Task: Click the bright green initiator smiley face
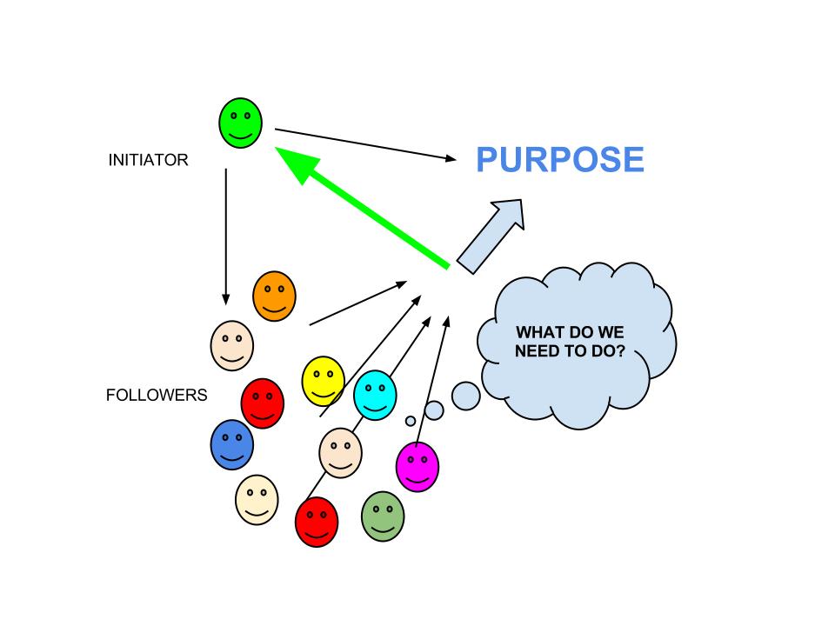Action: point(240,123)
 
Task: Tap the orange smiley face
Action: point(274,296)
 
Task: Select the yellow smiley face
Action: point(323,381)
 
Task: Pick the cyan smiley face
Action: point(376,395)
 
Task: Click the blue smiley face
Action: point(231,444)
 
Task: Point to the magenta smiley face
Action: point(417,466)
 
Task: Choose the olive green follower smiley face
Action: point(383,516)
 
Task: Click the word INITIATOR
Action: point(148,161)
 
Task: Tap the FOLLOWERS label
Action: point(157,396)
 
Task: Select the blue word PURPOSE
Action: point(560,161)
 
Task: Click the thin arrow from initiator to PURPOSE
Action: point(365,144)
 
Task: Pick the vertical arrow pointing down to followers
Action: point(226,235)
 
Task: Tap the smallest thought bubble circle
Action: point(411,421)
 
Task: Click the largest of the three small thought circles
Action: point(466,396)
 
